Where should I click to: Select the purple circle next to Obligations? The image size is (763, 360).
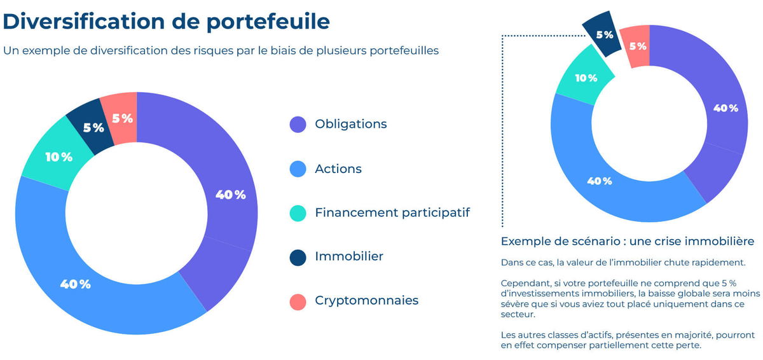pyautogui.click(x=298, y=125)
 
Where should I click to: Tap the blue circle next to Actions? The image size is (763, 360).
pyautogui.click(x=298, y=169)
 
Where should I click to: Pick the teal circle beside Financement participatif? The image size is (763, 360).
pyautogui.click(x=298, y=213)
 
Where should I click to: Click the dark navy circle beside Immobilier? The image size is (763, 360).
pyautogui.click(x=298, y=257)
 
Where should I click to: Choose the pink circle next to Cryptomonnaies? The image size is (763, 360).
pyautogui.click(x=298, y=301)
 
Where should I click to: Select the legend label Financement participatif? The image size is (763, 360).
pyautogui.click(x=392, y=213)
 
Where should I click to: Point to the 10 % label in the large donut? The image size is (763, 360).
pyautogui.click(x=58, y=156)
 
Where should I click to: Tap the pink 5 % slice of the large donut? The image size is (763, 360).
pyautogui.click(x=121, y=118)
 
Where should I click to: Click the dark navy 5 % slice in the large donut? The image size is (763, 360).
pyautogui.click(x=93, y=128)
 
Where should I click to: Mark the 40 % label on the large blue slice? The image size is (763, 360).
pyautogui.click(x=75, y=284)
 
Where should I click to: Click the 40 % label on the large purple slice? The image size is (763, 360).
pyautogui.click(x=230, y=195)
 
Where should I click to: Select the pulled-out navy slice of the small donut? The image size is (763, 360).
pyautogui.click(x=604, y=34)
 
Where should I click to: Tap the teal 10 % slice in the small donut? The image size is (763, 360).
pyautogui.click(x=586, y=78)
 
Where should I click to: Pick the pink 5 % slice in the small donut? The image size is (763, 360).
pyautogui.click(x=637, y=46)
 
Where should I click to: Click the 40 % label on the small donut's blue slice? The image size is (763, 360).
pyautogui.click(x=599, y=181)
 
